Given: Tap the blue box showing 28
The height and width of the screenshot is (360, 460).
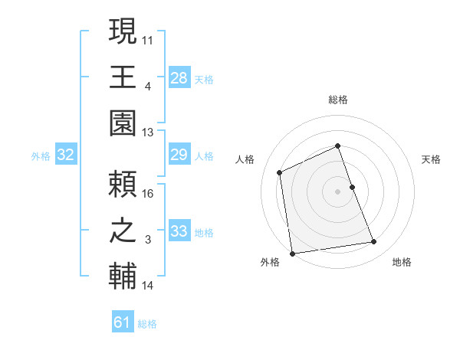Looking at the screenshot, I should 179,78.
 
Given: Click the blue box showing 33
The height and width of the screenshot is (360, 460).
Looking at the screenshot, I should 179,231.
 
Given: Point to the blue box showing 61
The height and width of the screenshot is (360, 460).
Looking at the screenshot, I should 123,322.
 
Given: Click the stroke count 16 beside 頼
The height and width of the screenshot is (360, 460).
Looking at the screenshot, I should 149,193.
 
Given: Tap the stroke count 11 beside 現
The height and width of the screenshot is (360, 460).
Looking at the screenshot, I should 149,38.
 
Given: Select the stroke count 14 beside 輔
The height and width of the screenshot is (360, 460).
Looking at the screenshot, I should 149,286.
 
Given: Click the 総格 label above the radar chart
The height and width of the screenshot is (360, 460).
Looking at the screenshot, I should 337,100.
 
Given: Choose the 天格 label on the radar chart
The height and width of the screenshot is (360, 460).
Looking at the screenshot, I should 431,159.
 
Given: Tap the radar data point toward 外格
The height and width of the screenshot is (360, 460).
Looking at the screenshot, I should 292,254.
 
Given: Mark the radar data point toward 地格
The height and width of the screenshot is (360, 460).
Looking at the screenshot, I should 374,242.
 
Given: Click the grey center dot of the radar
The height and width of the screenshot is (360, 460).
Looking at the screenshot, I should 337,191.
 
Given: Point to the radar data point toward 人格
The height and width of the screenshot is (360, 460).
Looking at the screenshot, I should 280,172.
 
